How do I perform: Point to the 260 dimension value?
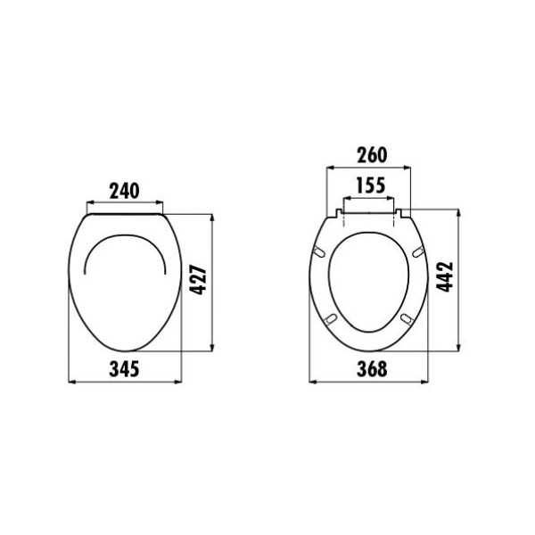370,154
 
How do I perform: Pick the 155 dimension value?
370,186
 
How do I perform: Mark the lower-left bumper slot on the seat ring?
332,318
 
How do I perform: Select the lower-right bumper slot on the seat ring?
407,318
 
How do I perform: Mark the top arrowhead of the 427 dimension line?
212,218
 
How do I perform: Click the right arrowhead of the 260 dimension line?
411,167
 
